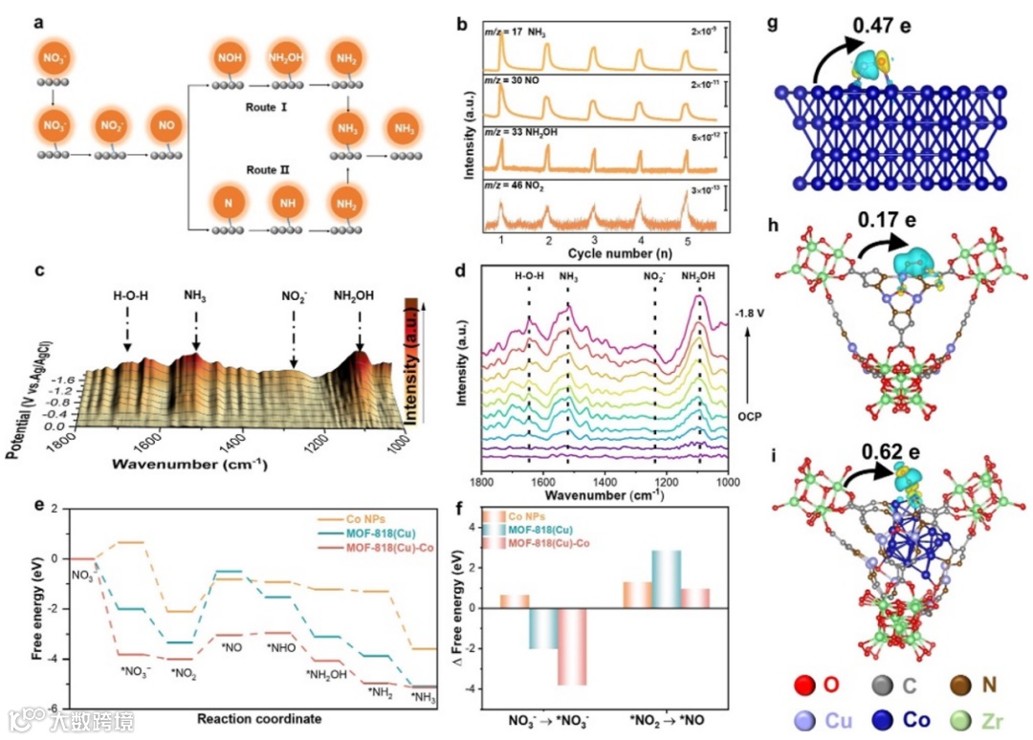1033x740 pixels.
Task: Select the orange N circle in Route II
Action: [227, 203]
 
